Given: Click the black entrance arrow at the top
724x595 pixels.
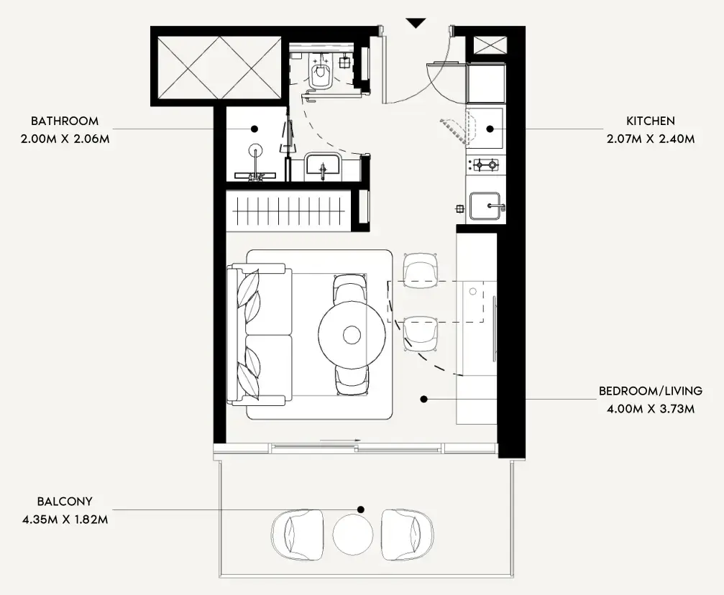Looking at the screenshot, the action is [416, 23].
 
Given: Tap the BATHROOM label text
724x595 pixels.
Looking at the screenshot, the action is [65, 121].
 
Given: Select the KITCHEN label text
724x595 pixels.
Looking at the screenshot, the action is [651, 121].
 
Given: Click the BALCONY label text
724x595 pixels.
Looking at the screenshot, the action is [65, 502].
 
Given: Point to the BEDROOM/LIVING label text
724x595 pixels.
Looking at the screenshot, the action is [651, 391].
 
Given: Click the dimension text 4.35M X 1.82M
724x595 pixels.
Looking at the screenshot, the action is [65, 520].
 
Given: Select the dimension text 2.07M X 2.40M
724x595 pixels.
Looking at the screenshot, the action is [651, 139].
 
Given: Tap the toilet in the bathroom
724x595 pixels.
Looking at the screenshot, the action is [321, 72].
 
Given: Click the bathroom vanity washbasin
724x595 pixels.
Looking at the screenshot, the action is [323, 167].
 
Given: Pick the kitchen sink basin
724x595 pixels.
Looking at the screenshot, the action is [486, 206].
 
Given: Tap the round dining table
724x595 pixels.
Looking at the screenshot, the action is [352, 335].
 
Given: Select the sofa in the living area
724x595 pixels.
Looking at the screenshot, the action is [260, 335].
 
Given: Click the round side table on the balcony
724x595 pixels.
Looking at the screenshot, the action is [353, 535].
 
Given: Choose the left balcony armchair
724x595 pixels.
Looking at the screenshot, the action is [297, 535].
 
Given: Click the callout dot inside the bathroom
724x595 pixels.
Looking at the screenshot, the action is [255, 129].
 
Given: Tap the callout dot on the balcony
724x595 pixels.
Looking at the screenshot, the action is [361, 509].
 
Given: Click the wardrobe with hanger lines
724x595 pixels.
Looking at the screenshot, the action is [288, 211].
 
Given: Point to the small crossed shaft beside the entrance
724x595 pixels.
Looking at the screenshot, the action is [490, 45].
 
